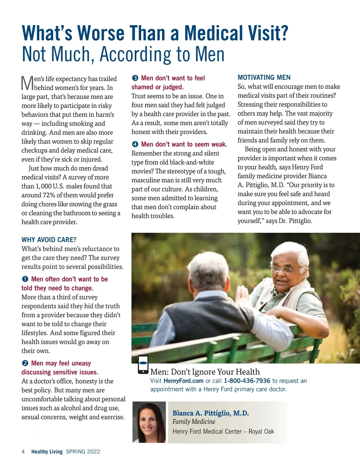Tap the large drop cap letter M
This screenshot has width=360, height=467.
pyautogui.click(x=27, y=83)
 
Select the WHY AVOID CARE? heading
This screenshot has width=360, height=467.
pyautogui.click(x=49, y=240)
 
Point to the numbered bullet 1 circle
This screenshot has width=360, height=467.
pyautogui.click(x=25, y=279)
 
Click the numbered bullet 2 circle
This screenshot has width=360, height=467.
pyautogui.click(x=25, y=363)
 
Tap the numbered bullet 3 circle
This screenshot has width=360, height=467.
pyautogui.click(x=135, y=78)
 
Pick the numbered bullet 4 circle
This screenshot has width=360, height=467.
pyautogui.click(x=135, y=144)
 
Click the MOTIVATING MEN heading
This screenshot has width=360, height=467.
pyautogui.click(x=264, y=78)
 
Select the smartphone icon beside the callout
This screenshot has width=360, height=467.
pyautogui.click(x=143, y=364)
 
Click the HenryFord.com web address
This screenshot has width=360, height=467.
pyautogui.click(x=183, y=381)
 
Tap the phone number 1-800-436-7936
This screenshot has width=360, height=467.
pyautogui.click(x=247, y=381)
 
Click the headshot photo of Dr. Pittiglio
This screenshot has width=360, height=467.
pyautogui.click(x=149, y=422)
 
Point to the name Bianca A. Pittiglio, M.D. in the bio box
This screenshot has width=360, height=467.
pyautogui.click(x=211, y=413)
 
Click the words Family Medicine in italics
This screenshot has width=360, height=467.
pyautogui.click(x=194, y=422)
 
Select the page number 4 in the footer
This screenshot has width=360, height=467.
pyautogui.click(x=23, y=452)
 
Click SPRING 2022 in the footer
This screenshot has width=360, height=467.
pyautogui.click(x=83, y=452)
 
